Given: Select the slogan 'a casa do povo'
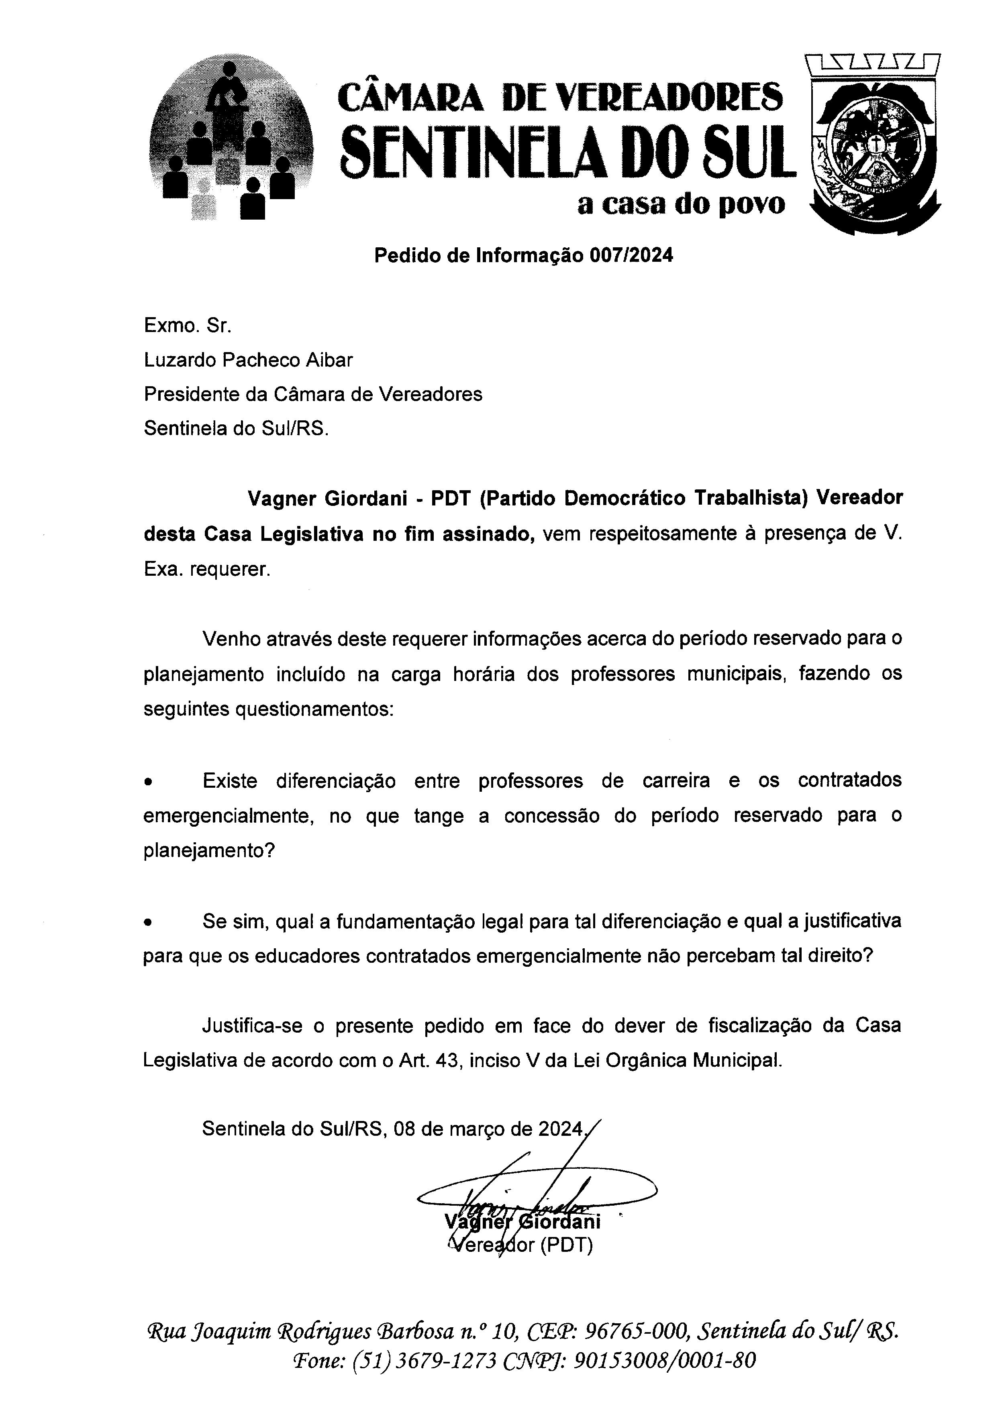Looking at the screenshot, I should pyautogui.click(x=681, y=204).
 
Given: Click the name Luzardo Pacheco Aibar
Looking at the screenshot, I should pyautogui.click(x=248, y=360).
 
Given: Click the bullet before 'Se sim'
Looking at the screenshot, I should pyautogui.click(x=148, y=922).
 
